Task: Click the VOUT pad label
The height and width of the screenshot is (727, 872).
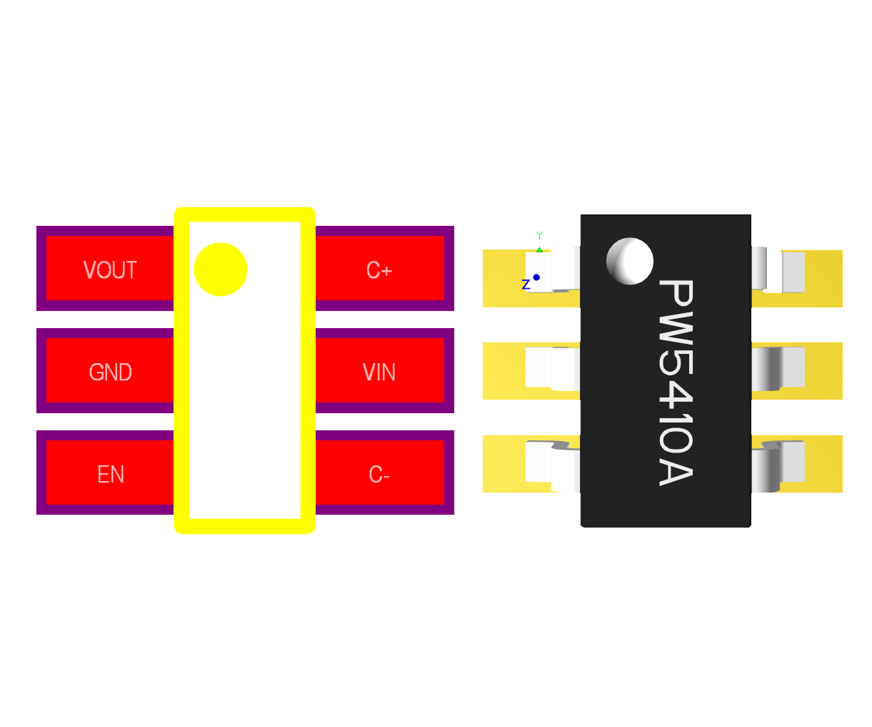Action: coord(110,270)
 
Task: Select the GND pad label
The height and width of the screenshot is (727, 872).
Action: coord(110,372)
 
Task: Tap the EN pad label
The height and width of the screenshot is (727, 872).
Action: coord(111,475)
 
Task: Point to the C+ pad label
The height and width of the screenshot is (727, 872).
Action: coord(379,270)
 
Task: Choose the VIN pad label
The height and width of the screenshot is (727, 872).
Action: coord(379,372)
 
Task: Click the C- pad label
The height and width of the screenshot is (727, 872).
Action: coord(379,475)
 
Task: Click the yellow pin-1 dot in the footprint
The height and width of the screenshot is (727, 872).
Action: coord(221,269)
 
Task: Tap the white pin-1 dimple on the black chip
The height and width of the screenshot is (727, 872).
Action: coord(630,261)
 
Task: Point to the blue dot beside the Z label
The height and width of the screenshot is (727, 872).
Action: coord(536,277)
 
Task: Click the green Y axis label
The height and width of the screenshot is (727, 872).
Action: coord(540,235)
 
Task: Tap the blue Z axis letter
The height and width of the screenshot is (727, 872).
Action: coord(526,285)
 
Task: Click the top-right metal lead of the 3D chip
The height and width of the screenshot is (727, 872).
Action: coord(778,270)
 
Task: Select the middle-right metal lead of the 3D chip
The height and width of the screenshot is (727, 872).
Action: coord(778,368)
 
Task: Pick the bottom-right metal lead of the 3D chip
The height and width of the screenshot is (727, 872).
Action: coord(778,466)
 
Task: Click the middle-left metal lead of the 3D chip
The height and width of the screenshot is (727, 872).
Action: coord(552,368)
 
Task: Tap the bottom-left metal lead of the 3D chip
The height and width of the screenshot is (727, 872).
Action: coord(552,466)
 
